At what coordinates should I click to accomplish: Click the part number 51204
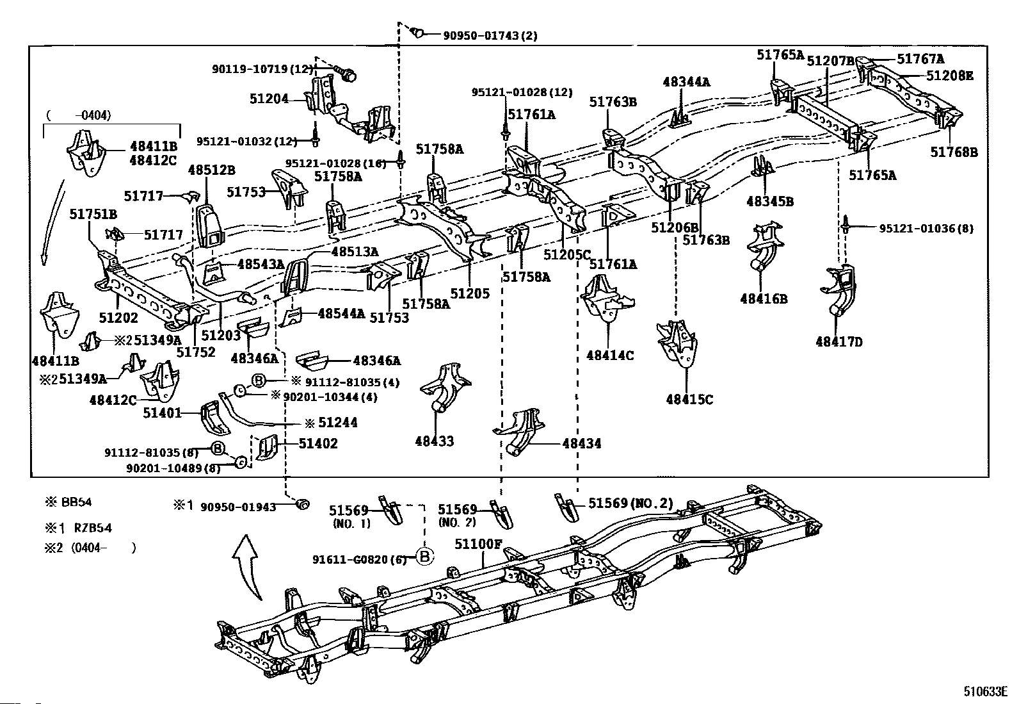pos(269,99)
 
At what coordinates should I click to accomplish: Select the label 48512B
pos(211,170)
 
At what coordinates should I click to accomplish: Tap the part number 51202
pos(118,317)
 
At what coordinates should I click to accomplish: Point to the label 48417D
pos(839,341)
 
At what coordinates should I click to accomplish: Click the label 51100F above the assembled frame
pos(478,544)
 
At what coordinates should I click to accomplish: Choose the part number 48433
pos(435,441)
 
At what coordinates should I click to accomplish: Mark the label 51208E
pos(950,76)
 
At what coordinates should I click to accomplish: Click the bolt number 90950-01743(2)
pos(490,35)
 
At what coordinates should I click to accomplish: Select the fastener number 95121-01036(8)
pos(926,229)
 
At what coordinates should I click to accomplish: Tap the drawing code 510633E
pos(985,692)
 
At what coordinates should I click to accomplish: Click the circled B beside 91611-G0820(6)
pos(424,557)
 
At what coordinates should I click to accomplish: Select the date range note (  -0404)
pos(78,115)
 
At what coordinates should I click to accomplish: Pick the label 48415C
pos(689,399)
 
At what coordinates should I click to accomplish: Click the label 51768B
pos(954,152)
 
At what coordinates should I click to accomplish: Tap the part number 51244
pos(338,423)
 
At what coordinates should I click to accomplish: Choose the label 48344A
pos(686,82)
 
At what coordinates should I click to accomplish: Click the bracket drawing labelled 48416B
pos(764,248)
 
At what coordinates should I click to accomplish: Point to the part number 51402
pos(319,443)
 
